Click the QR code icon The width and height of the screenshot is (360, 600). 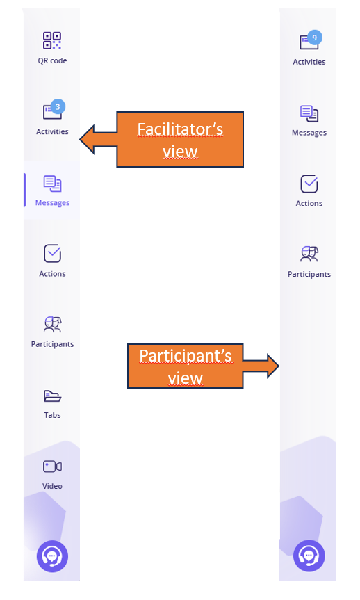point(52,40)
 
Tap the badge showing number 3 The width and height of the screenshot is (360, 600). point(58,107)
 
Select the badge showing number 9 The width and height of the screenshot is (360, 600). point(314,38)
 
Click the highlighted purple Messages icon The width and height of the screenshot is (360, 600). point(52,184)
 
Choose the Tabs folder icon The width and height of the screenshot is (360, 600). point(52,396)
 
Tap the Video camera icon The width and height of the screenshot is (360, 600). point(52,467)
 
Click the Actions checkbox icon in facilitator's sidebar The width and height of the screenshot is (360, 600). point(52,253)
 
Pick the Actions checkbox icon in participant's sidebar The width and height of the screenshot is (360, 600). point(309,184)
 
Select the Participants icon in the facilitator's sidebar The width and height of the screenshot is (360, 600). point(52,325)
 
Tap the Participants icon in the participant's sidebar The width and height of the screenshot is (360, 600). point(309,254)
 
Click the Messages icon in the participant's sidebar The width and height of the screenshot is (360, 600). point(309,113)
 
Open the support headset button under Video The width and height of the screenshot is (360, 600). point(52,556)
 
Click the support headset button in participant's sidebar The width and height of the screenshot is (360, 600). point(309,556)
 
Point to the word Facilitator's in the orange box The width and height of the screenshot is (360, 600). point(180,129)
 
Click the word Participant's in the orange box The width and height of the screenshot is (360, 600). point(185,355)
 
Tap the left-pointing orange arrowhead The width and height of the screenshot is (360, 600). point(88,139)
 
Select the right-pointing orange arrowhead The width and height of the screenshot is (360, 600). point(272,366)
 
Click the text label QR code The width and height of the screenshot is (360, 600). point(52,60)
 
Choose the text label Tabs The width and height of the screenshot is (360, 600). point(52,415)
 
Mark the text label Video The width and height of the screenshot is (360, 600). point(52,486)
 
